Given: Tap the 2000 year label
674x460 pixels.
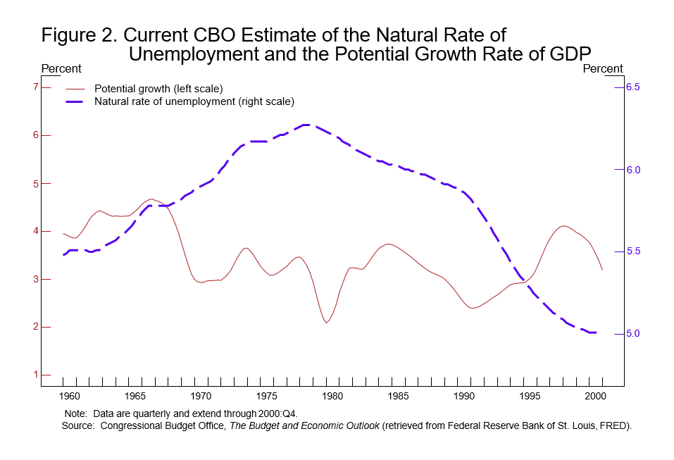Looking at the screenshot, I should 599,397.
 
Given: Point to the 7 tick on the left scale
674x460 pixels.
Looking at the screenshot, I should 35,87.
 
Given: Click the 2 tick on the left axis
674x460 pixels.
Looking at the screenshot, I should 35,327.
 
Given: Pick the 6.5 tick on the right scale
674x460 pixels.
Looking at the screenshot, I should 631,87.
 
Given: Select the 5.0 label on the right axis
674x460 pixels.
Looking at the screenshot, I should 631,333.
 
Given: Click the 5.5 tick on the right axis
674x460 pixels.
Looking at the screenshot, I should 631,251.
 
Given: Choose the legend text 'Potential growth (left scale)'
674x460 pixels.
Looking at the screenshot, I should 158,89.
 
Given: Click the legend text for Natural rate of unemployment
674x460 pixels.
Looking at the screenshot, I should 194,101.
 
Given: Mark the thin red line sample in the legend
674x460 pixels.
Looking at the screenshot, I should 75,89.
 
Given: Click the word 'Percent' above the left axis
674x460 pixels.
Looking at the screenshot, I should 62,69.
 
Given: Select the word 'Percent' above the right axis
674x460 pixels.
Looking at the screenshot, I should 603,69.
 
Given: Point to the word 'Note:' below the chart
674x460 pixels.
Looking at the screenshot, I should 75,413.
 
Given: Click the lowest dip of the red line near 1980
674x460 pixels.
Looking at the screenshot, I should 326,323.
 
